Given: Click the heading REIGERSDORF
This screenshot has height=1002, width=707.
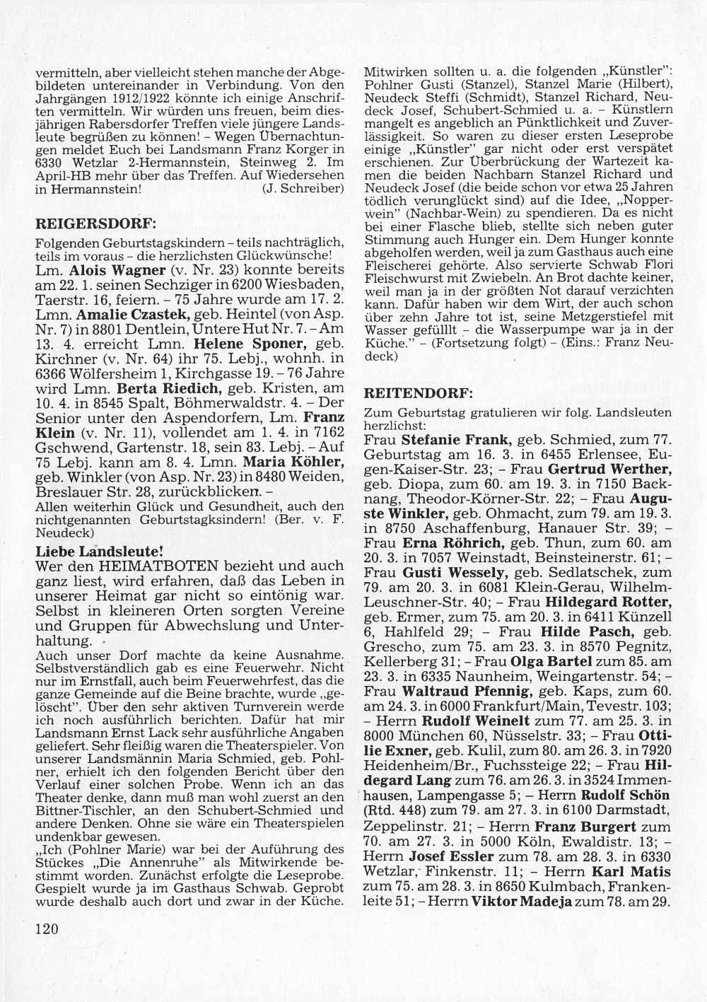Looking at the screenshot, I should pos(95,223).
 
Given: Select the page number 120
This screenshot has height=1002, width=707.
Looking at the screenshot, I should pos(46,928).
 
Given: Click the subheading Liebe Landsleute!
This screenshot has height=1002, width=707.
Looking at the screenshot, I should pos(99,549).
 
